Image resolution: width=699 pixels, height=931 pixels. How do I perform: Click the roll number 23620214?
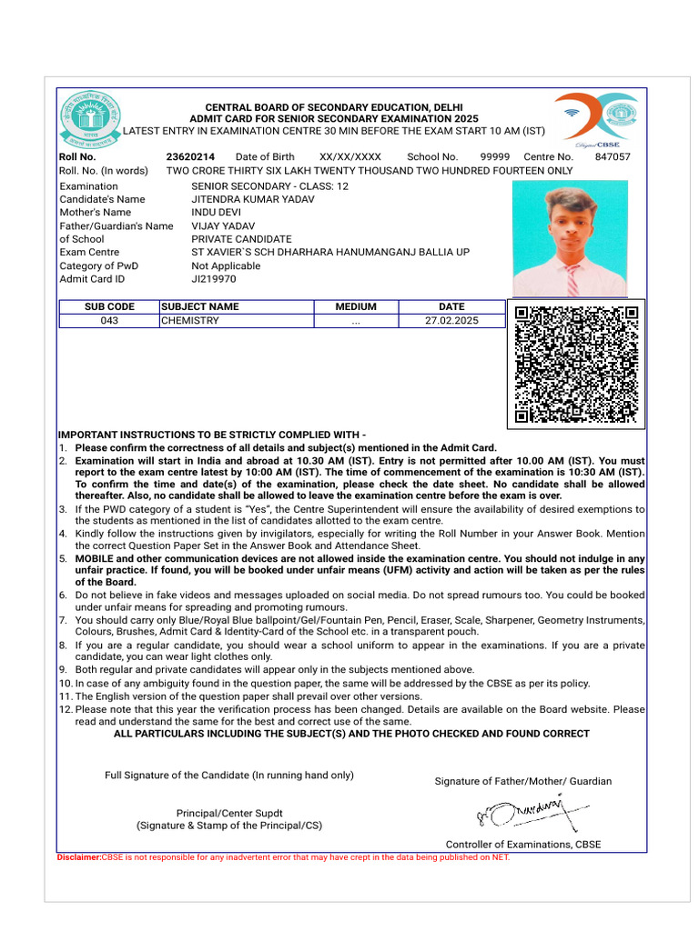click(190, 156)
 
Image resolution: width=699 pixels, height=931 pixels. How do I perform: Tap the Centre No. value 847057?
click(612, 156)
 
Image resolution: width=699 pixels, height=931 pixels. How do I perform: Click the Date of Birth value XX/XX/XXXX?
click(350, 156)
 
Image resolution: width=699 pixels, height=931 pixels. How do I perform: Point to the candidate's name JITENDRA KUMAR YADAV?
click(253, 199)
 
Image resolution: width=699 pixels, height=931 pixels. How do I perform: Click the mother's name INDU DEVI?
click(216, 213)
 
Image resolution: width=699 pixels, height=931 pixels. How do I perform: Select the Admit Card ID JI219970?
click(215, 279)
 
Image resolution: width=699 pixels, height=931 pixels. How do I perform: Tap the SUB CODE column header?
click(109, 307)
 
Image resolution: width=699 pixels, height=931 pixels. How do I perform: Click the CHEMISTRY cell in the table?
click(190, 321)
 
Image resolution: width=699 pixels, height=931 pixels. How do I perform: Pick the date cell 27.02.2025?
click(451, 321)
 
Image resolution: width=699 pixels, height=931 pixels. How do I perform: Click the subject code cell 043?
click(109, 321)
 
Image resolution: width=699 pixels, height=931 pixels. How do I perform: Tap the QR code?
click(575, 364)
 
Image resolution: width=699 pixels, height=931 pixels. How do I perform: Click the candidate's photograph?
click(570, 238)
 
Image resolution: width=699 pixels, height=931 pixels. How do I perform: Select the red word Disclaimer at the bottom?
click(78, 856)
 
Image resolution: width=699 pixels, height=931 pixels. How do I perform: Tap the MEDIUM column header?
click(356, 307)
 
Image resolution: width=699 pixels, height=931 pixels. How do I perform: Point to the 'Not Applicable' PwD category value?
click(226, 265)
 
